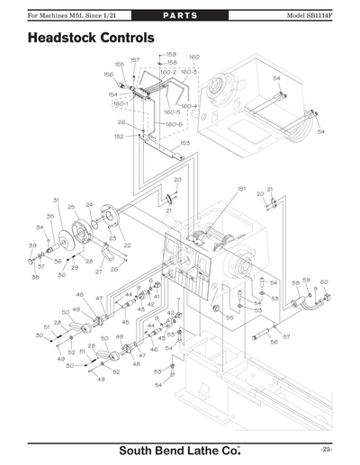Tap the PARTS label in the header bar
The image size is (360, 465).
(179, 16)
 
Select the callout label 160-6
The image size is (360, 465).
(174, 124)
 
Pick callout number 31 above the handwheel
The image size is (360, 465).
(55, 200)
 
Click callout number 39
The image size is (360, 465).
(32, 246)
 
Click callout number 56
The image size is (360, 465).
(274, 343)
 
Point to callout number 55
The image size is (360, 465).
(229, 317)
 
